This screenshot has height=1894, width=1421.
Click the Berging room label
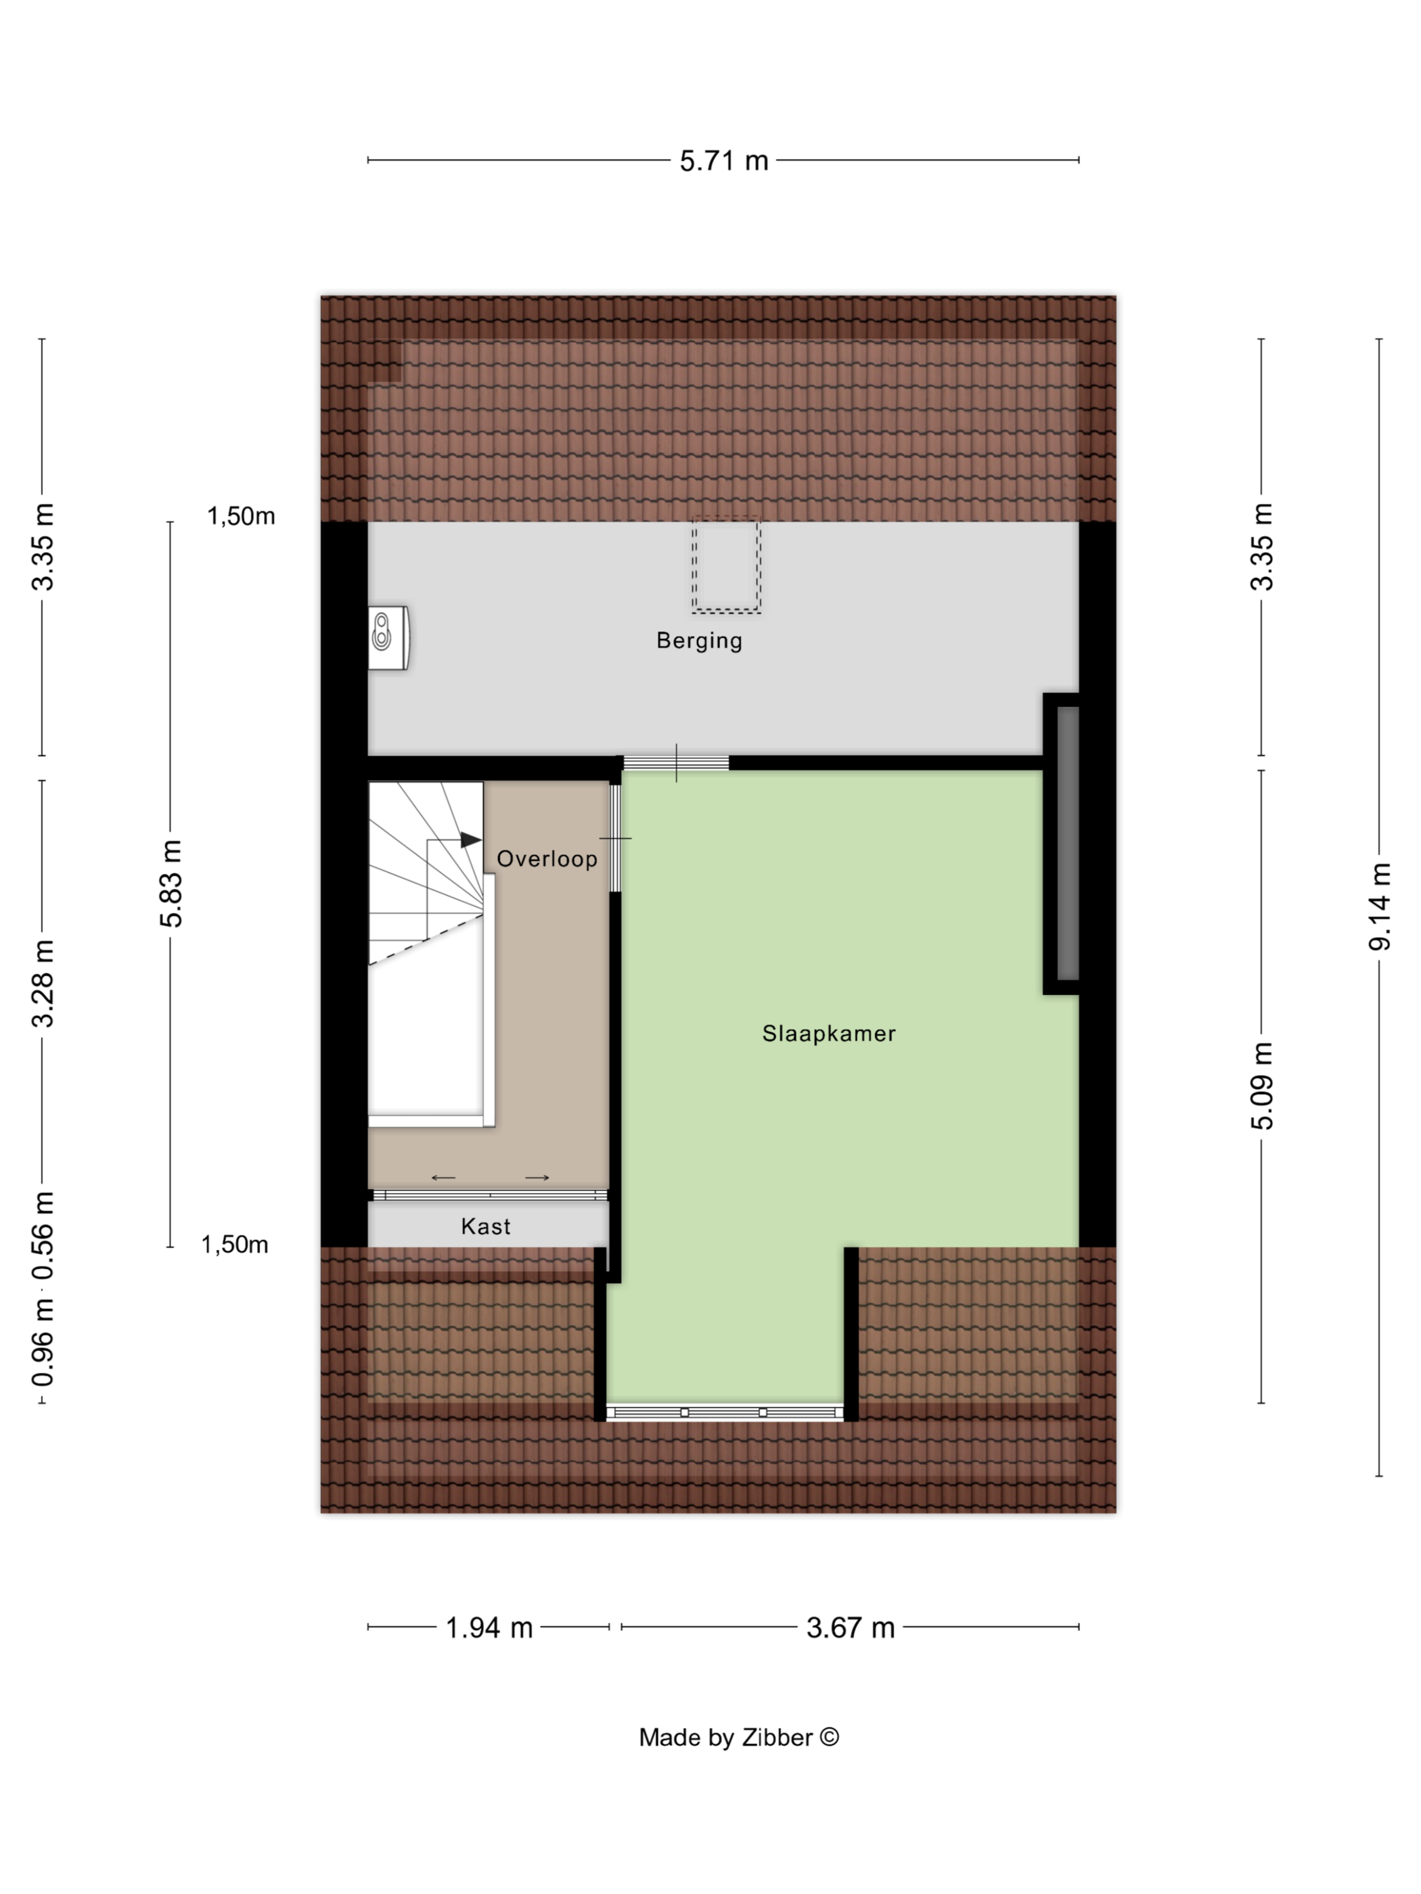[699, 641]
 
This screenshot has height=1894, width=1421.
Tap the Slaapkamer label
[828, 1034]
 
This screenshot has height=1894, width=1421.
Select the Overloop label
[547, 859]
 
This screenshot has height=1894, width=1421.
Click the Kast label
[486, 1226]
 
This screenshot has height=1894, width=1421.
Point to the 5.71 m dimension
[724, 160]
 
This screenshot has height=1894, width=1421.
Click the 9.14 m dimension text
[1380, 907]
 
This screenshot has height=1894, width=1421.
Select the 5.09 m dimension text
[1263, 1086]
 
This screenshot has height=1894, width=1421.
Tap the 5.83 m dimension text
[171, 883]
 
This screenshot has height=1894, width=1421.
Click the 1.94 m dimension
[489, 1627]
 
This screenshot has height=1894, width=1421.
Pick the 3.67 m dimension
[851, 1627]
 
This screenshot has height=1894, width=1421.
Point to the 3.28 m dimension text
[43, 983]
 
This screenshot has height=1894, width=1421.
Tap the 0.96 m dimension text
[43, 1342]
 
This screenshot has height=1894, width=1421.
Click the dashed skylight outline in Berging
[726, 565]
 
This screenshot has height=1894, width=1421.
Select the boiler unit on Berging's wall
[388, 638]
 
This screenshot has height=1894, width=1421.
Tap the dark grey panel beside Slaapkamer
[1067, 844]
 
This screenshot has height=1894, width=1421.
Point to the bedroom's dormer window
[725, 1412]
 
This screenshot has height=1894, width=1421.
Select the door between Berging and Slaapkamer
[676, 763]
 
